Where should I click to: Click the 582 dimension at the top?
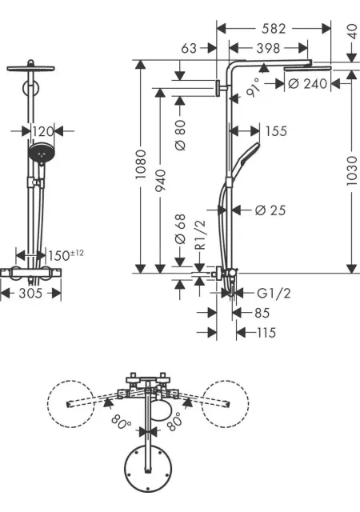(x=274, y=29)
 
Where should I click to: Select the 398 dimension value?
(x=268, y=48)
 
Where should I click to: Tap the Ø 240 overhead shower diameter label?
(x=307, y=84)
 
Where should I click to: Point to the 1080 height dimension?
(x=141, y=164)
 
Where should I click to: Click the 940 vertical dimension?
(x=160, y=181)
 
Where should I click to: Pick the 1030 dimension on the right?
(x=352, y=171)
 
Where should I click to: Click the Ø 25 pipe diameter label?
(x=270, y=210)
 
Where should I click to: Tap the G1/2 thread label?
(x=274, y=294)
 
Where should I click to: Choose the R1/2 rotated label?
(x=201, y=234)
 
